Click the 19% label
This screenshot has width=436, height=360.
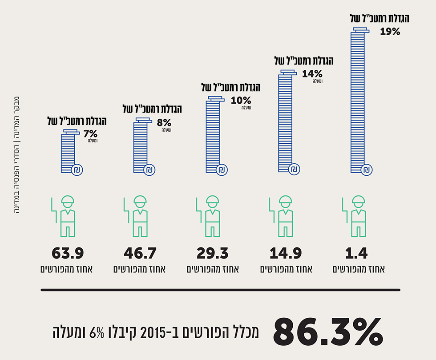[x=390, y=32]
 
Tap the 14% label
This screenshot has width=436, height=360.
[x=311, y=73]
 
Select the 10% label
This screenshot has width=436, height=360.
[x=241, y=101]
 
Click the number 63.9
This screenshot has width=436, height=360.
[x=68, y=254]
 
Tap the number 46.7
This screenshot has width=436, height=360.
[x=140, y=254]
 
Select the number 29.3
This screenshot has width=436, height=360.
[x=213, y=254]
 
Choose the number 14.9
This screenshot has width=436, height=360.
[x=286, y=254]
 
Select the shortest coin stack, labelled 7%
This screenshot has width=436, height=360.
[x=68, y=151]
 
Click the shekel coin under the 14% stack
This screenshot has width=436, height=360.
[x=294, y=170]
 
